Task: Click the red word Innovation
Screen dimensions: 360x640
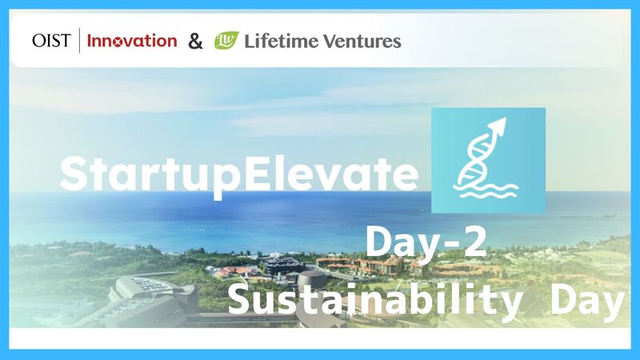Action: tap(132, 40)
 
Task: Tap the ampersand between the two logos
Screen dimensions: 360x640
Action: tap(195, 41)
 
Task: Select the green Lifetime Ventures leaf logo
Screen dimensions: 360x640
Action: tap(226, 40)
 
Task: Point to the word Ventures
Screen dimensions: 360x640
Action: tap(361, 40)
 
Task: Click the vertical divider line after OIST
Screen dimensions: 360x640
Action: tap(80, 40)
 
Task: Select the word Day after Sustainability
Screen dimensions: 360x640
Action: tap(587, 299)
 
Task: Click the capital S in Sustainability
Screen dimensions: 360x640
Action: tap(242, 298)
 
